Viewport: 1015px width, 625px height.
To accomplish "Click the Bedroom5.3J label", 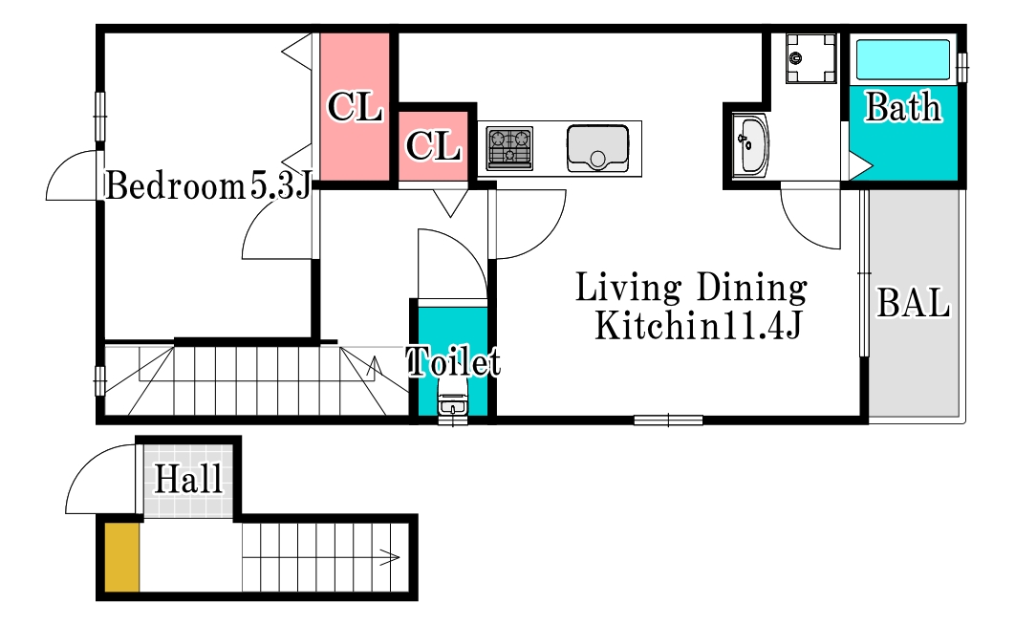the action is (x=208, y=186).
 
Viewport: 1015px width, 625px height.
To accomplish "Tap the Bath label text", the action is (x=903, y=107).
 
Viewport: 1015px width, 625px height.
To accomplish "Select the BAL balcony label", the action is (x=914, y=302).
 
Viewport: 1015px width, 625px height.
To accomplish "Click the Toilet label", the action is (x=454, y=361).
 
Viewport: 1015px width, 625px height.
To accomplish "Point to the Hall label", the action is (x=188, y=480).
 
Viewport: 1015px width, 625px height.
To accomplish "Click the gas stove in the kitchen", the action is (x=509, y=148).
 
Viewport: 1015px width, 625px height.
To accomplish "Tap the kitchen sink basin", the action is (x=597, y=148).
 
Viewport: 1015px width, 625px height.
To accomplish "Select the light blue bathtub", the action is (x=903, y=59).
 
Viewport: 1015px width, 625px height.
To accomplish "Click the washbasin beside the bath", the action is (x=750, y=145).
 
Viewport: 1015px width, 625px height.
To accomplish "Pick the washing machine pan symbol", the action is (x=810, y=59).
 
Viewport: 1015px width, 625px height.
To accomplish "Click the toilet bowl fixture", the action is (x=452, y=401).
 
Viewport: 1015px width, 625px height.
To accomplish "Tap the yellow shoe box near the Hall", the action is (x=121, y=557).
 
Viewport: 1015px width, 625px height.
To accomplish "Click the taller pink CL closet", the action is (x=355, y=107).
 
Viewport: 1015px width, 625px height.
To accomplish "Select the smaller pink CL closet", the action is (x=433, y=146).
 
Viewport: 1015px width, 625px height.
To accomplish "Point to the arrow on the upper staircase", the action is (x=374, y=367).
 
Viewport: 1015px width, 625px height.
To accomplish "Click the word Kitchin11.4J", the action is (x=699, y=326).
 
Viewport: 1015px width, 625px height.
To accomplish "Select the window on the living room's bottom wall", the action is (x=668, y=420).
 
